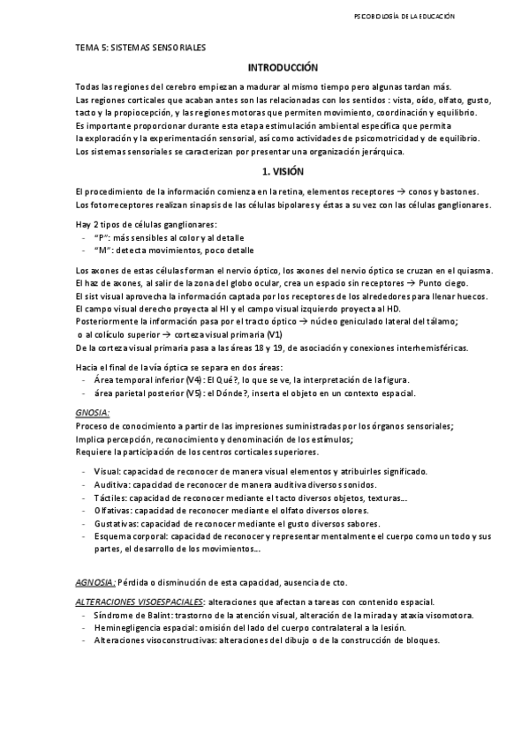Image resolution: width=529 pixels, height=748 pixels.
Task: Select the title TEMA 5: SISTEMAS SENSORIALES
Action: (x=140, y=49)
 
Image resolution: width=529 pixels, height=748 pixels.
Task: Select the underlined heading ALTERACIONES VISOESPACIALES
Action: (x=140, y=602)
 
